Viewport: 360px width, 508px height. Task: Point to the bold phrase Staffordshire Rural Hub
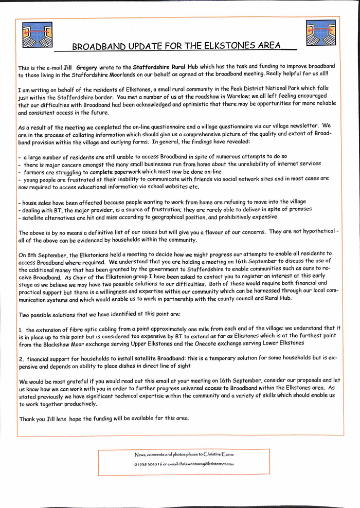tap(165, 67)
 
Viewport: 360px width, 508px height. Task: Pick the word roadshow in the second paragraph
tap(195, 96)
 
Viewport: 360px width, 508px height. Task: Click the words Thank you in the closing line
tap(32, 419)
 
